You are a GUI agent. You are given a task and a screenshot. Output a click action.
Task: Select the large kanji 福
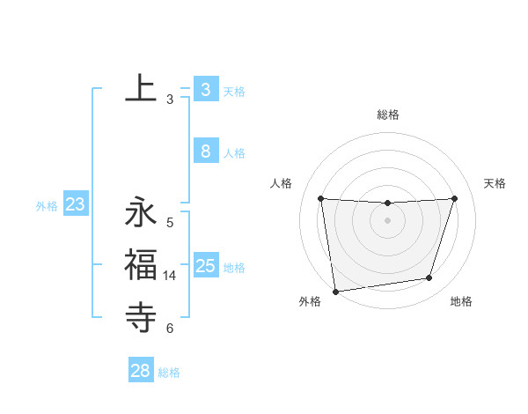[141, 263]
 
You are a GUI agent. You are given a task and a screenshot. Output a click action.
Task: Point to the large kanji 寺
[141, 314]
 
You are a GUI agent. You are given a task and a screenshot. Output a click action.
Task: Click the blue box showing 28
[141, 371]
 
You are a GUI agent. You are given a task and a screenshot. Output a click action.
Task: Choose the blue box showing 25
[206, 265]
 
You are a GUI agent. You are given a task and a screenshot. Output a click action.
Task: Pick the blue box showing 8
[206, 152]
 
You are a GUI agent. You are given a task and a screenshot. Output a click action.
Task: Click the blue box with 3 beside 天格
[206, 90]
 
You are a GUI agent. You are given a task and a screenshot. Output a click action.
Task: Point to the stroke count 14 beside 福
[170, 276]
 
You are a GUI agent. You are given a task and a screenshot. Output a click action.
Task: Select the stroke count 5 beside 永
[170, 223]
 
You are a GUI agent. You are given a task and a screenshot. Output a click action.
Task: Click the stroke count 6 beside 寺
[170, 329]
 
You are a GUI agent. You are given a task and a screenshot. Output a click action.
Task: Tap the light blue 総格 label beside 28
[169, 373]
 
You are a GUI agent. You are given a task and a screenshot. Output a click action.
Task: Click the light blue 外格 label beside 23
[47, 206]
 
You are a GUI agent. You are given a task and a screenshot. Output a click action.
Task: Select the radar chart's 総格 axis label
[388, 115]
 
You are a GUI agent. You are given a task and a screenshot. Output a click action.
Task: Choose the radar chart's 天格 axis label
[495, 183]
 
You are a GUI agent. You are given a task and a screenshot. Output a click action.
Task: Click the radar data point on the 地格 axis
[429, 278]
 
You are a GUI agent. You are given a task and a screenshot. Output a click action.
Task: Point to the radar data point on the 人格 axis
[320, 198]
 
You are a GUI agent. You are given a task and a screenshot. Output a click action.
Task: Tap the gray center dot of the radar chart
[388, 220]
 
